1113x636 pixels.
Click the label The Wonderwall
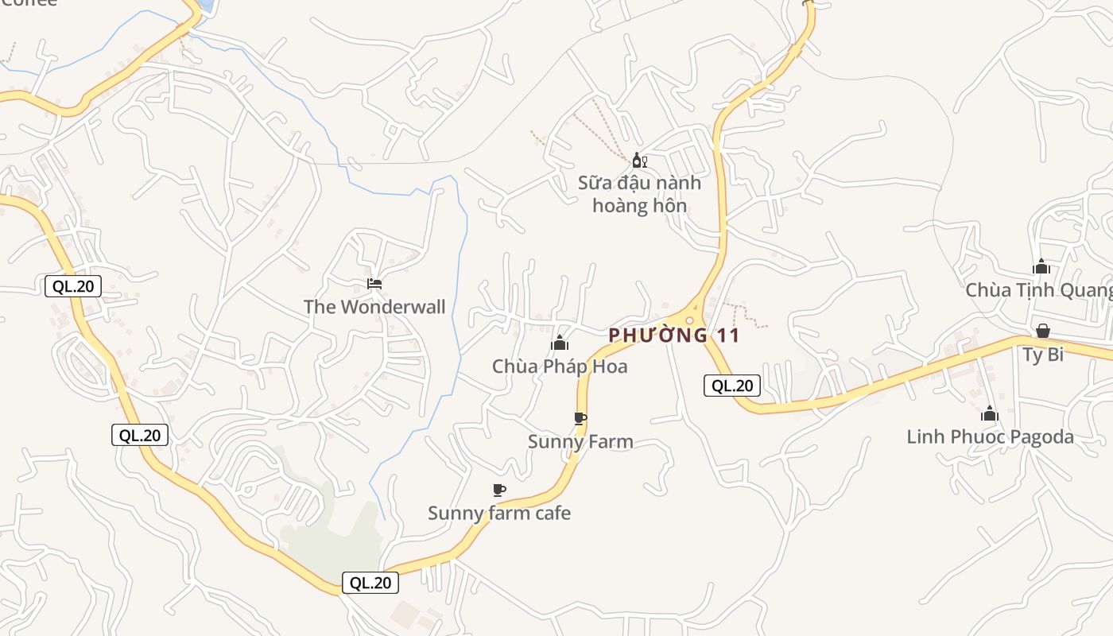click(x=374, y=307)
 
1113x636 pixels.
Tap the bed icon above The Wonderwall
click(x=374, y=283)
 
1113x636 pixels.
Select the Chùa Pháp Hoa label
click(x=560, y=366)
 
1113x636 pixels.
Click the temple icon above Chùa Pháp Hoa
click(x=560, y=343)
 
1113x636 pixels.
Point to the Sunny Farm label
click(x=580, y=442)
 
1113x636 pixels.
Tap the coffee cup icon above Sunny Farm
click(x=580, y=418)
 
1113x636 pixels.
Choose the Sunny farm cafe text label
click(x=499, y=514)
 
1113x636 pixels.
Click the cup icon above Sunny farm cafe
click(x=499, y=490)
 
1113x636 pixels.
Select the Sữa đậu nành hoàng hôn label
click(x=640, y=195)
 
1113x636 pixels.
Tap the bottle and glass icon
click(x=640, y=161)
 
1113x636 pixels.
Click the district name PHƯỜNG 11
click(x=674, y=335)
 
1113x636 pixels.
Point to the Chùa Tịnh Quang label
click(x=1038, y=290)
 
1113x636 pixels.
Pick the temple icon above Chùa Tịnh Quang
click(x=1041, y=267)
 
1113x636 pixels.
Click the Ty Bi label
click(x=1043, y=355)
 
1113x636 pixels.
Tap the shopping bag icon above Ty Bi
click(x=1043, y=331)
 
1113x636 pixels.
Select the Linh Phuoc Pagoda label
click(x=990, y=437)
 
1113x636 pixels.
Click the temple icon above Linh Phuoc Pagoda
click(x=990, y=413)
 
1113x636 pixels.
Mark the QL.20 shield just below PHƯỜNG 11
click(x=732, y=386)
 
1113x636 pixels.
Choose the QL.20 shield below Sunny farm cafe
click(x=370, y=583)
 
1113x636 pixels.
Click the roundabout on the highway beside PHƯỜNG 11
click(x=690, y=320)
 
